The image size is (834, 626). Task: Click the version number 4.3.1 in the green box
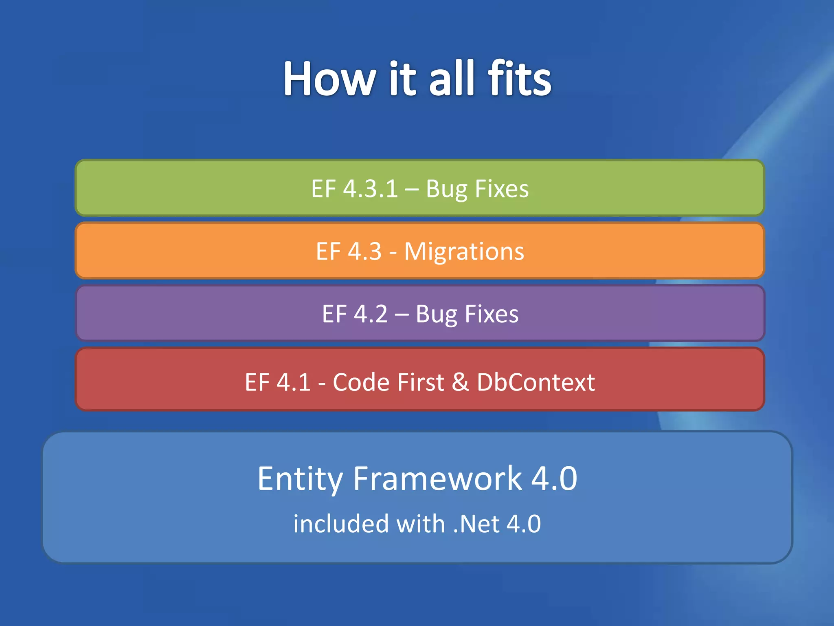371,189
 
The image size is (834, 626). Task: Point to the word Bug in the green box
446,190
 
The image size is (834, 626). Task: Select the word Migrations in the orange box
464,252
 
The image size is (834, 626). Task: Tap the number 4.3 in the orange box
365,251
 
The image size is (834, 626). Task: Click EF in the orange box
328,251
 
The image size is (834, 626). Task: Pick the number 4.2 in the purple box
371,314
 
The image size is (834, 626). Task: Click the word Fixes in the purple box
492,314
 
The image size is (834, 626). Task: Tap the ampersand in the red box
460,382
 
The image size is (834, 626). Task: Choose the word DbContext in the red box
536,382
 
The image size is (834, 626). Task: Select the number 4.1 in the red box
294,382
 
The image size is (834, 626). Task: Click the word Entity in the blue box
300,479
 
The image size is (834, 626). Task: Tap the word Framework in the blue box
437,478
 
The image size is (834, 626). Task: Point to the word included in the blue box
340,524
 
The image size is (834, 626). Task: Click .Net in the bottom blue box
476,524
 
